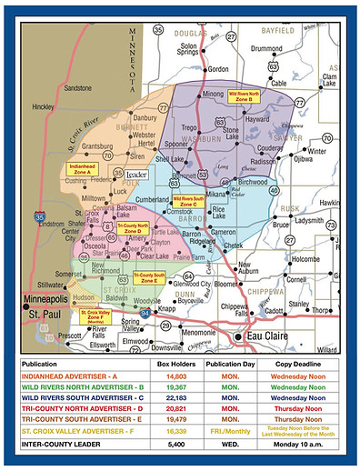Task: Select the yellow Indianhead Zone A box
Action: click(x=83, y=168)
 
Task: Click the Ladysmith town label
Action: click(x=312, y=220)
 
